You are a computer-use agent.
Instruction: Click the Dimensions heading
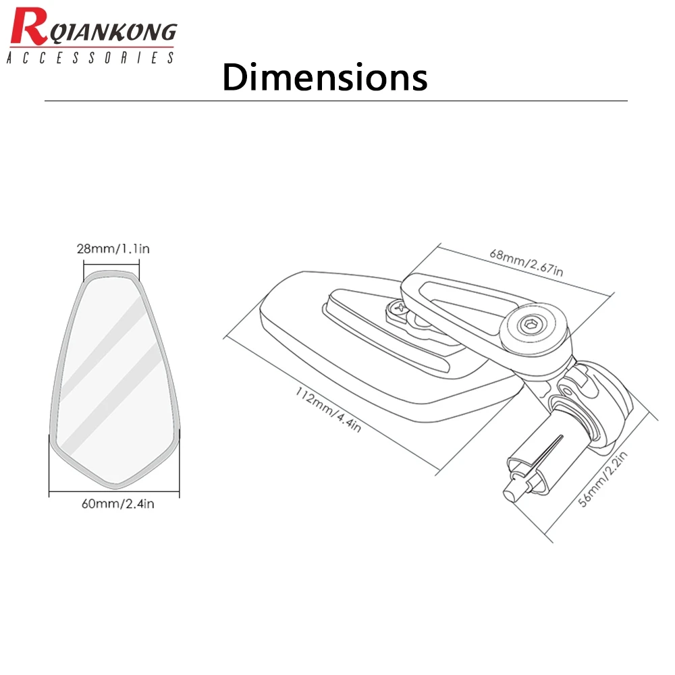click(x=325, y=77)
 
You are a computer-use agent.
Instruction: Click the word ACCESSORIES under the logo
click(x=90, y=57)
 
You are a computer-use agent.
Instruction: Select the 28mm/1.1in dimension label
click(x=113, y=249)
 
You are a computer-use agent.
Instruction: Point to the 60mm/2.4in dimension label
click(x=118, y=504)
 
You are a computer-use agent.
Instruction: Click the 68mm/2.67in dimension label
click(x=526, y=262)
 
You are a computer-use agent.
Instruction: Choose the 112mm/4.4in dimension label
click(x=328, y=409)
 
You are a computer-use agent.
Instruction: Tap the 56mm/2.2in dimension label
click(x=603, y=479)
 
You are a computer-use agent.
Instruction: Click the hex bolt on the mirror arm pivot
click(x=529, y=325)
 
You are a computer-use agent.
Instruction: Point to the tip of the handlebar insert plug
click(x=508, y=493)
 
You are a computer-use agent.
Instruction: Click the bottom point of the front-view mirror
click(x=115, y=488)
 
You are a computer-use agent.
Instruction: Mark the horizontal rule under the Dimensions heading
click(x=335, y=101)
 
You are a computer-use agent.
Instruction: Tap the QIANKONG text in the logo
click(x=113, y=32)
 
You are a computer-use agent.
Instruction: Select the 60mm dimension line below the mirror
click(x=114, y=491)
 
